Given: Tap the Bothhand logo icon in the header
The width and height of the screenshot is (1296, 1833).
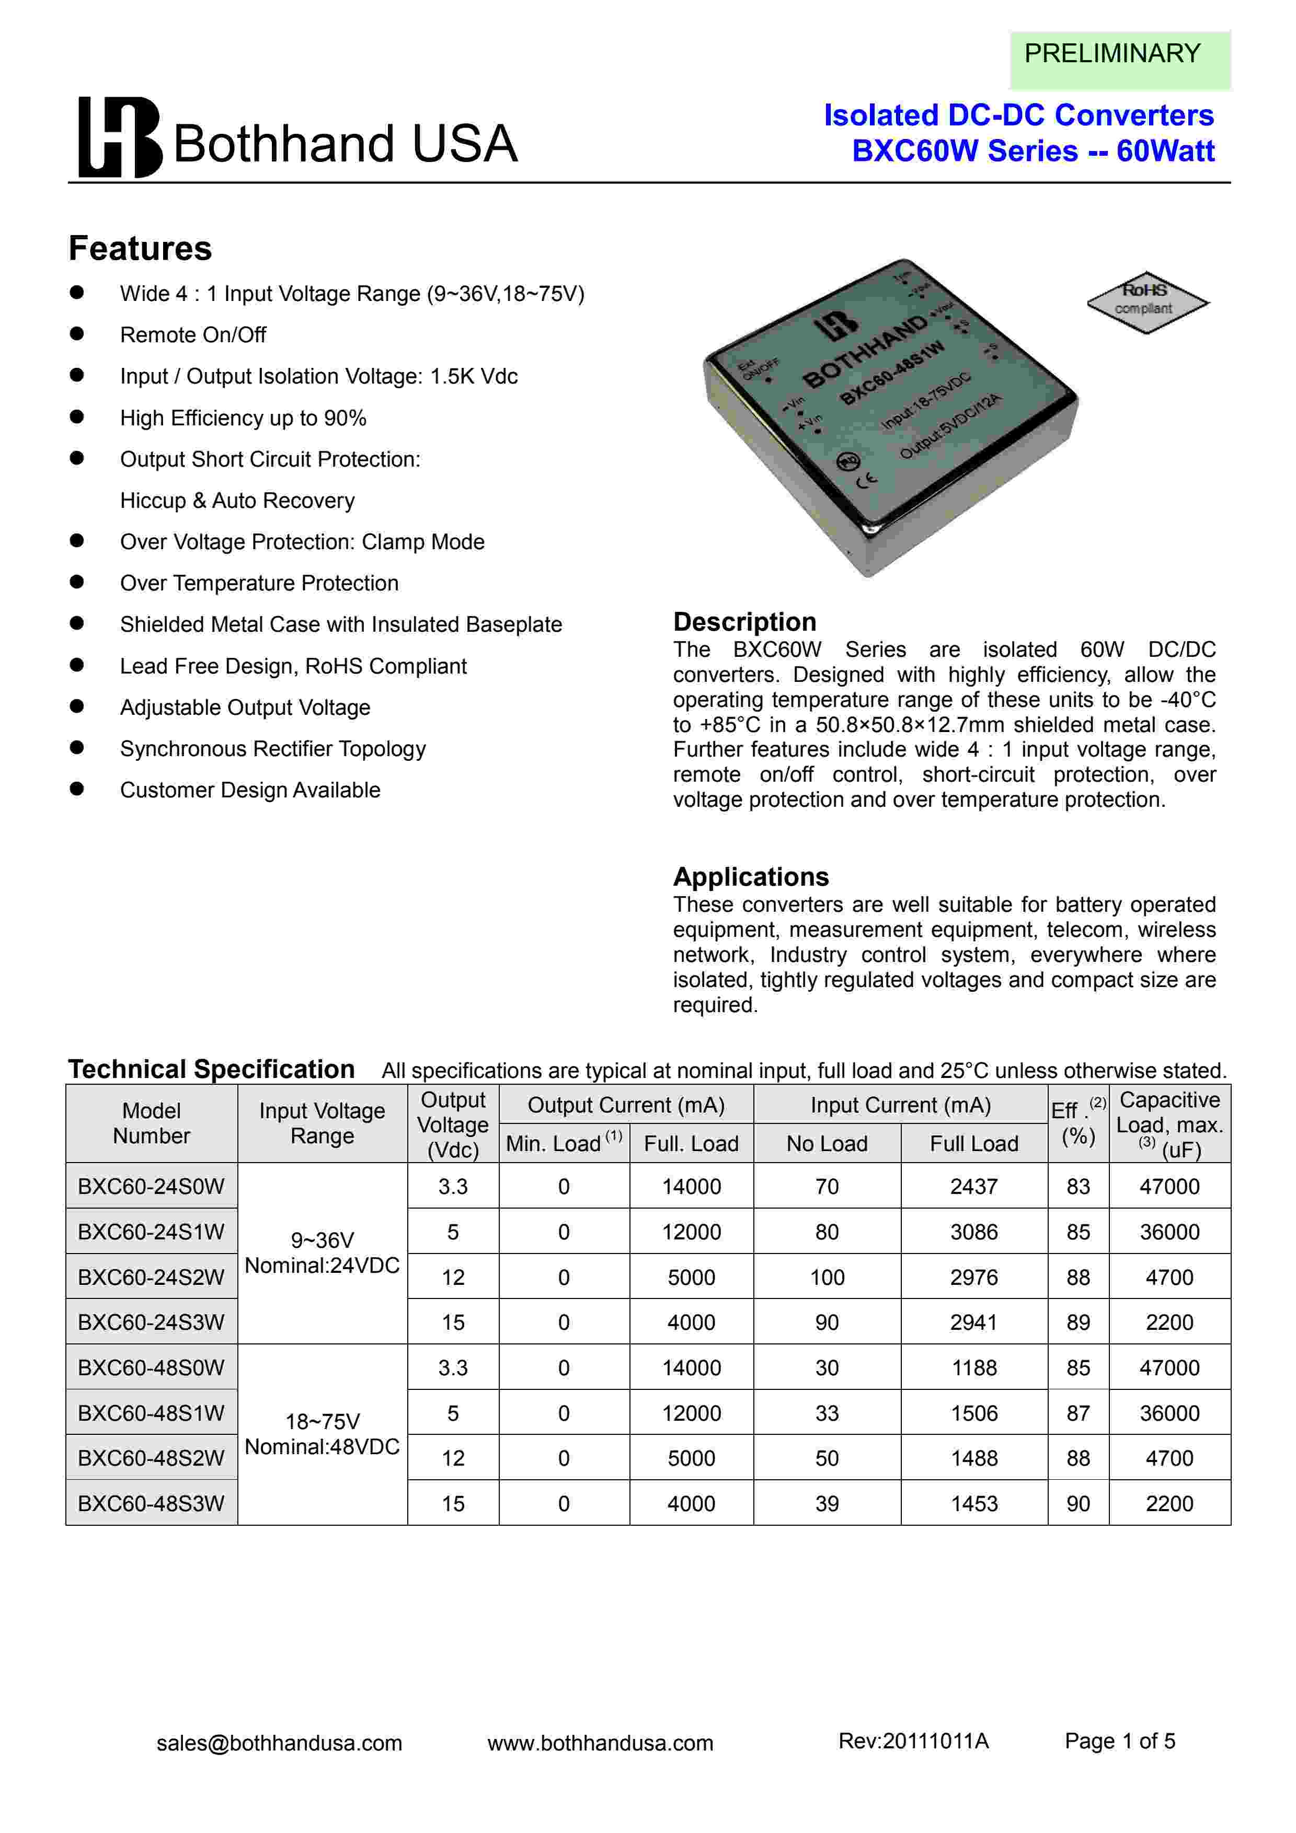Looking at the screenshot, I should [120, 137].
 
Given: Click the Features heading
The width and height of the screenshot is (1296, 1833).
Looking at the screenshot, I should [141, 248].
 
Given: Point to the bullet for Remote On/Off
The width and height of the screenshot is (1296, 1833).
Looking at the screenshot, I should [77, 334].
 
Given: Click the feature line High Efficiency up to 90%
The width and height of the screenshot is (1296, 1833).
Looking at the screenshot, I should [243, 417].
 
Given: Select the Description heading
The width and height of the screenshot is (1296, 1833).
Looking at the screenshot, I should [744, 621].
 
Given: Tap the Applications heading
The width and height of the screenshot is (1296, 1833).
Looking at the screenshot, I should [751, 876].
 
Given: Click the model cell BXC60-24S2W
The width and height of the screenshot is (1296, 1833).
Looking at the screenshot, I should [151, 1277].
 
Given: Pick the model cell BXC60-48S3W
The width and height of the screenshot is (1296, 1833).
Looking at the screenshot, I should [151, 1503].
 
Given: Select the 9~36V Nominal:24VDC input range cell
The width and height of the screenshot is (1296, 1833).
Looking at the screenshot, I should [322, 1252].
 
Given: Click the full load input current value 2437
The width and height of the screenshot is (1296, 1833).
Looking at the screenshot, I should [973, 1186].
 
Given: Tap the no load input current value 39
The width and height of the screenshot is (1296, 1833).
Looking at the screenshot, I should [827, 1503].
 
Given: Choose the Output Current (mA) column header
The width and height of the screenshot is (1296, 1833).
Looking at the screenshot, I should [625, 1105].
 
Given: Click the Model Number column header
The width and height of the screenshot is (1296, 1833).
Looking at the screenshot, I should [151, 1122].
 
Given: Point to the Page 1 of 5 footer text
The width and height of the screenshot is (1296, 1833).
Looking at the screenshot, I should [1119, 1741].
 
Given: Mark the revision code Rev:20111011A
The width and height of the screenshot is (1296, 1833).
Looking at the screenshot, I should [913, 1741].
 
